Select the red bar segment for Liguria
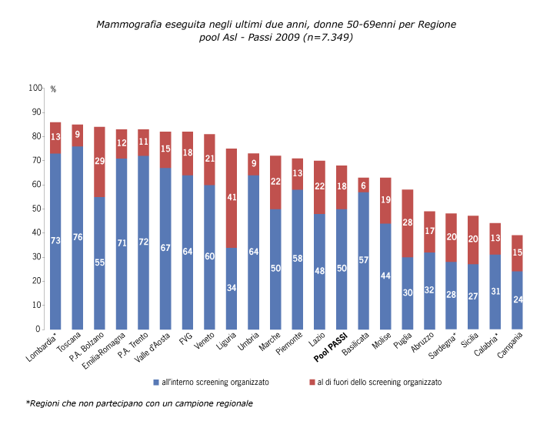pyautogui.click(x=232, y=198)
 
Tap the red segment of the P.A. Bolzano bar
pyautogui.click(x=99, y=162)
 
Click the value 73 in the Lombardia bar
pyautogui.click(x=55, y=241)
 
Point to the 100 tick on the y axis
pyautogui.click(x=35, y=89)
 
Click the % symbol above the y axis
pyautogui.click(x=53, y=89)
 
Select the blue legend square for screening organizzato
pyautogui.click(x=156, y=382)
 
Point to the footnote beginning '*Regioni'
pyautogui.click(x=139, y=403)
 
